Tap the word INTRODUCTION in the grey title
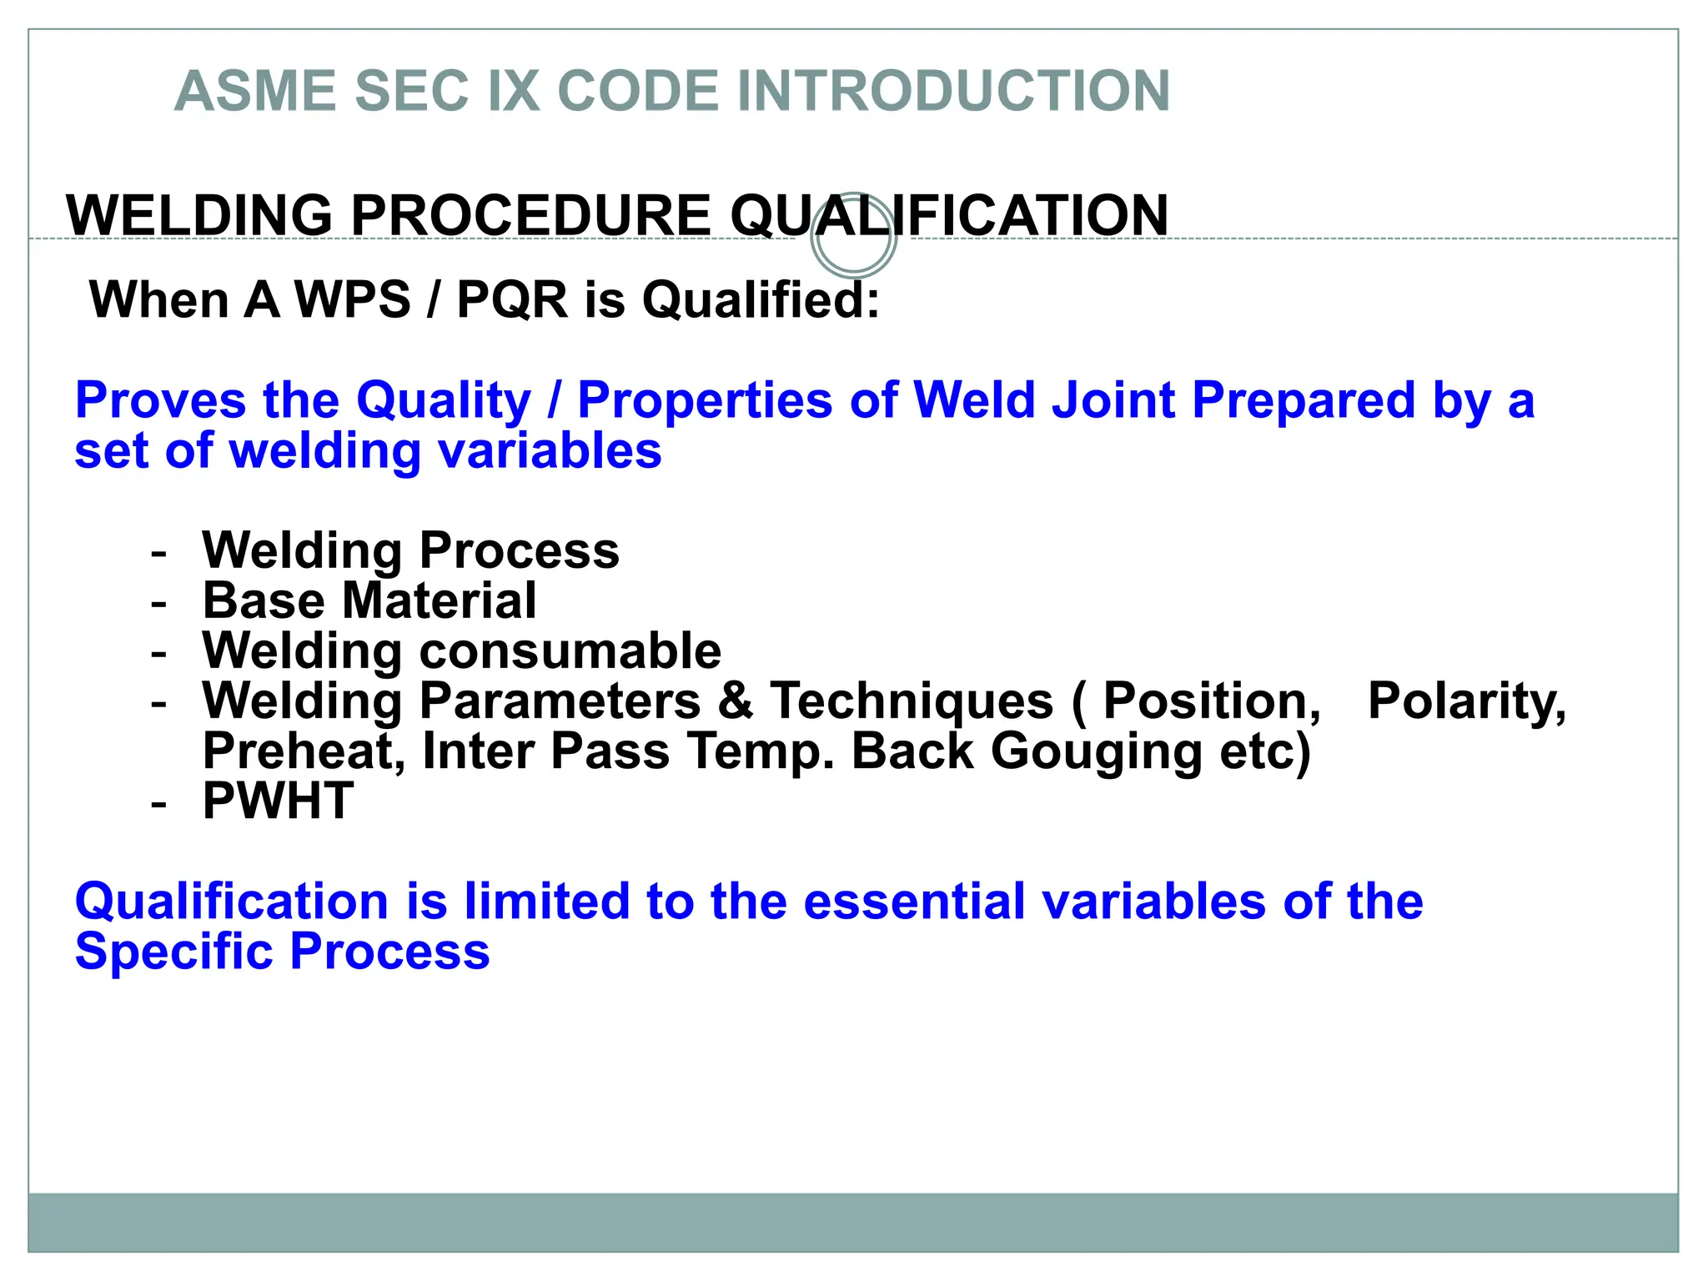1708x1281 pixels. pos(954,91)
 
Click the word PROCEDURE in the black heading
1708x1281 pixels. pos(530,216)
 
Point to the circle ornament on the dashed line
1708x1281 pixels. pos(853,237)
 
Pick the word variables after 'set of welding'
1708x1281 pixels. pos(550,451)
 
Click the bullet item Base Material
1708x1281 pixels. pos(369,600)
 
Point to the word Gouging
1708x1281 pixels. pos(1096,752)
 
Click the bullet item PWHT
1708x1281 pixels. pos(278,801)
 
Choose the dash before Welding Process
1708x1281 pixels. pos(158,553)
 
